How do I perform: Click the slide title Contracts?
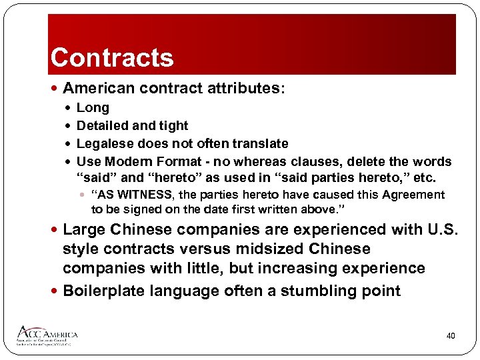(x=112, y=57)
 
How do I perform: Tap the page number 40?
(x=451, y=336)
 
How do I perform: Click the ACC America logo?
(x=48, y=335)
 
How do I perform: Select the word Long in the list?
(x=93, y=108)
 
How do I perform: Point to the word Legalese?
(x=106, y=144)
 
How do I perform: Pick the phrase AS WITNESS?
(x=134, y=195)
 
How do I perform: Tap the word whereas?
(x=286, y=162)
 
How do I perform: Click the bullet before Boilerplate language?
(x=55, y=291)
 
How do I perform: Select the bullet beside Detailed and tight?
(x=68, y=126)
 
